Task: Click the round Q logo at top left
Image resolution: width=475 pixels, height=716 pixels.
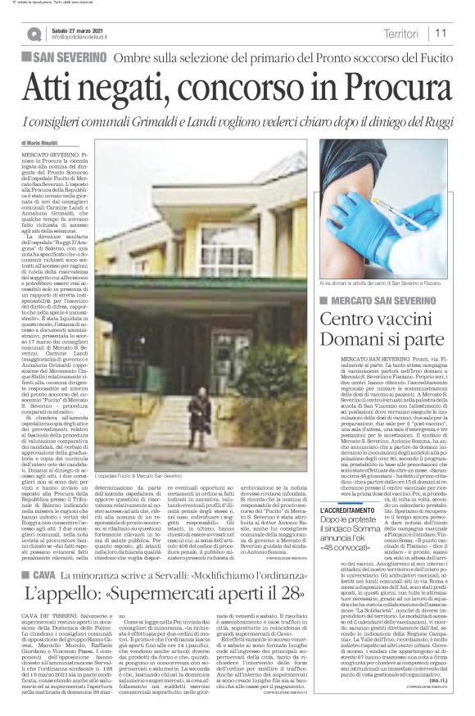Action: tap(34, 34)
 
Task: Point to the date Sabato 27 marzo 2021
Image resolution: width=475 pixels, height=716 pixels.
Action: tap(80, 29)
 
